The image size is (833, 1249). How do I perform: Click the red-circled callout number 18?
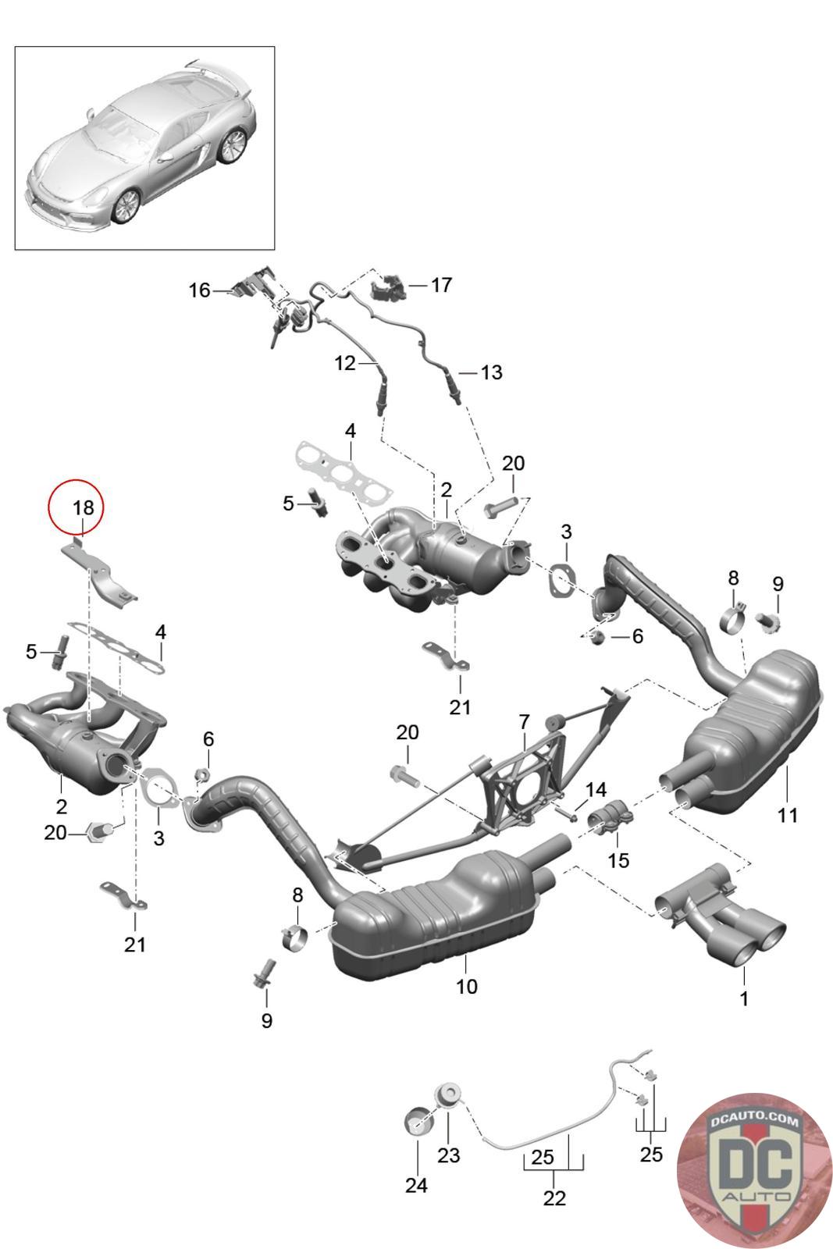pyautogui.click(x=83, y=507)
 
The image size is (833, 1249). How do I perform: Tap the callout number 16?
pyautogui.click(x=200, y=290)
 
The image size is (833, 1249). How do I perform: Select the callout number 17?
pyautogui.click(x=441, y=285)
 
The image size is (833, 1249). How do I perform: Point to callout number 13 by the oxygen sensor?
pyautogui.click(x=491, y=372)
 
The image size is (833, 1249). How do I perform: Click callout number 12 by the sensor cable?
pyautogui.click(x=344, y=363)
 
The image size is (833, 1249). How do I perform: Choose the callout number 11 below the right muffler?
pyautogui.click(x=787, y=815)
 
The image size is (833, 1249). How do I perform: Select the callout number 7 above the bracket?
pyautogui.click(x=524, y=722)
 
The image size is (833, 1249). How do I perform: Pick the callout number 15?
pyautogui.click(x=618, y=859)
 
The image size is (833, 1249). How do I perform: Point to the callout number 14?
pyautogui.click(x=596, y=789)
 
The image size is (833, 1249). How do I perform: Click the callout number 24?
pyautogui.click(x=417, y=1185)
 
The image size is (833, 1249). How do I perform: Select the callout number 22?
pyautogui.click(x=554, y=1197)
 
